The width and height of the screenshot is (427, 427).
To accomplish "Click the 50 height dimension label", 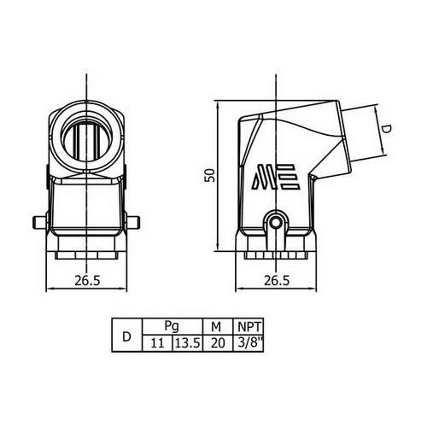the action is click(x=211, y=175).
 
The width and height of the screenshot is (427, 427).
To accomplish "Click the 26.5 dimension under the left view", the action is click(x=87, y=281).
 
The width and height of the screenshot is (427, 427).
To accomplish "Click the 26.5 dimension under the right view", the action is click(x=277, y=281).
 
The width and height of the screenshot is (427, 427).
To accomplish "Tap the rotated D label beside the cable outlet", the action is click(x=386, y=130).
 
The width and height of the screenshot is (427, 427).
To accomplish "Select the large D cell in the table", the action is click(x=126, y=335).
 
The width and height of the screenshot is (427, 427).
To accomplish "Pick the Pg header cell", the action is click(x=172, y=326).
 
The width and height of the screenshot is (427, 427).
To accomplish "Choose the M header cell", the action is click(x=218, y=326).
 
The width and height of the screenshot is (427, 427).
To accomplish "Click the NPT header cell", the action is click(x=249, y=326).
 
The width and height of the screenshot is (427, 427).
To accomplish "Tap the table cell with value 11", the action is click(x=157, y=343).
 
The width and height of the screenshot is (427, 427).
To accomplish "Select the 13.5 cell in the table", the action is click(x=188, y=343).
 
